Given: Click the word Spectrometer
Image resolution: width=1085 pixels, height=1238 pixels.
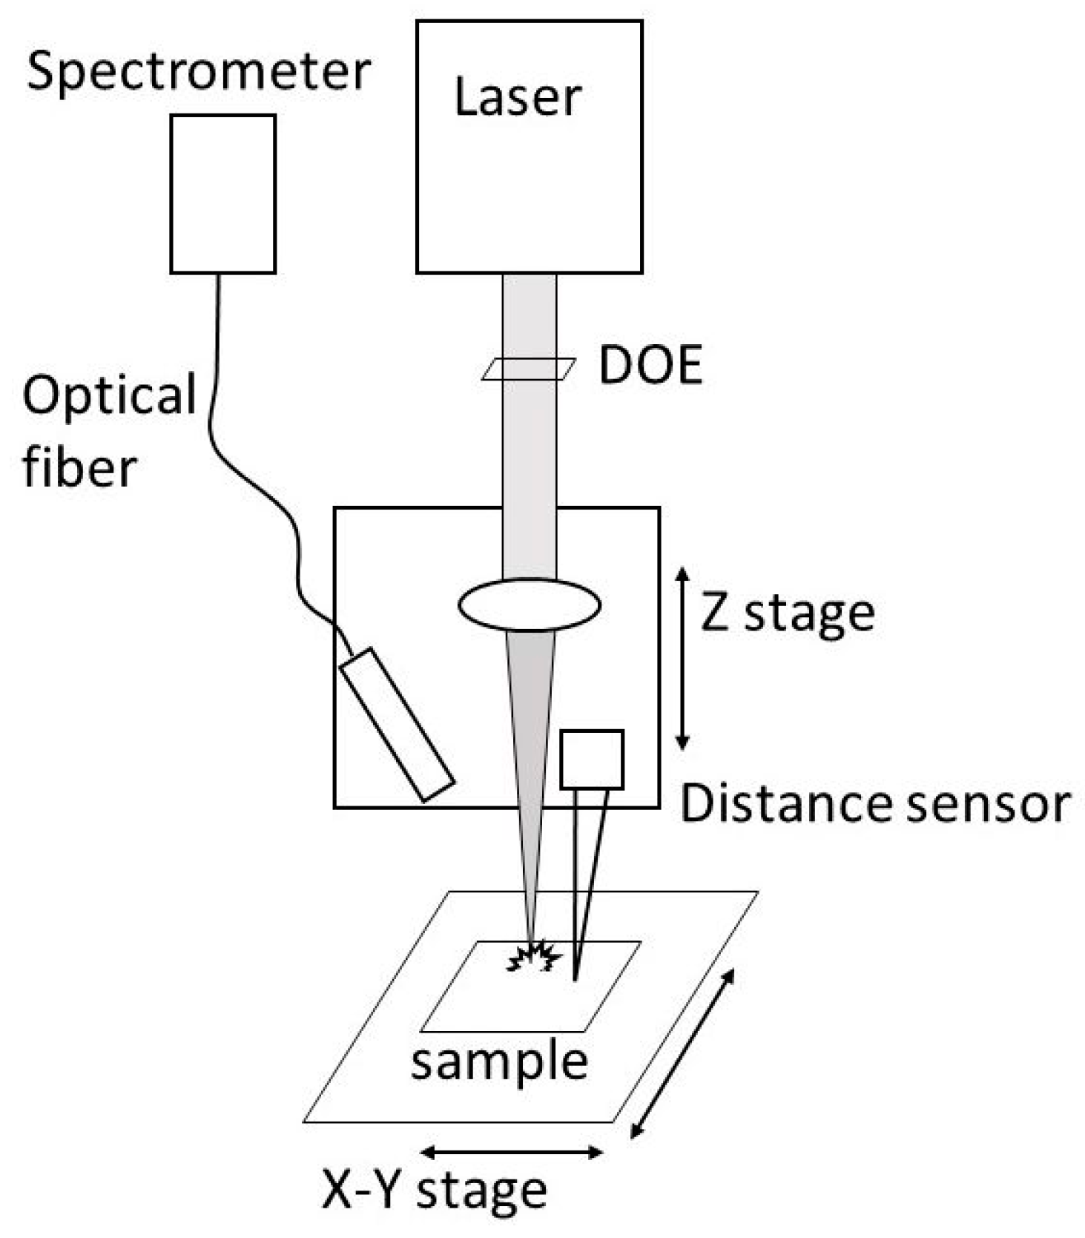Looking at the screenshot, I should [198, 72].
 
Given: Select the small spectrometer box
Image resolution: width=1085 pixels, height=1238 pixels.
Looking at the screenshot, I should [222, 194].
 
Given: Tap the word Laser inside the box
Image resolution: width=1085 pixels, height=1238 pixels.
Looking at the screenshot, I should [517, 97].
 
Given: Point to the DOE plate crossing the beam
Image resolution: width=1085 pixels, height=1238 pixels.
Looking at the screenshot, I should [528, 369].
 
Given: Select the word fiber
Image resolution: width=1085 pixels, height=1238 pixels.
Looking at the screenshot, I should [79, 467].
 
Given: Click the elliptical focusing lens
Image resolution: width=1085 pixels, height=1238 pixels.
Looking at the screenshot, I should [529, 605].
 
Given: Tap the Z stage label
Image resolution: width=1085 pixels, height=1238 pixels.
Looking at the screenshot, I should [788, 614].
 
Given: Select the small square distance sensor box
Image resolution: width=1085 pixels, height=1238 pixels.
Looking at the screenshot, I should [591, 759].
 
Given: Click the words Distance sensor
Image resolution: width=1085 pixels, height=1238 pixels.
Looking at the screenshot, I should [875, 803].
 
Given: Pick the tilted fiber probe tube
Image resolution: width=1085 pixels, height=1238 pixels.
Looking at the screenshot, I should [397, 725].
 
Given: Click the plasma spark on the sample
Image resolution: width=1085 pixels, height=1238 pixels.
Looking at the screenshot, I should [532, 957].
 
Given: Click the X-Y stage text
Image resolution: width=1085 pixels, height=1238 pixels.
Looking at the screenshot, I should [434, 1191].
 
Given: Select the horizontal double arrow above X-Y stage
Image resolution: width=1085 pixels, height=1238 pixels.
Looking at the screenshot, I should [512, 1152].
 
